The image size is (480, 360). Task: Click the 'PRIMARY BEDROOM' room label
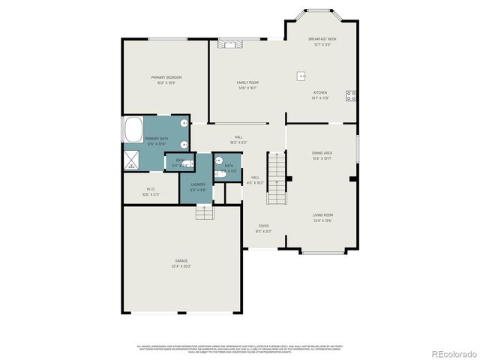coord(166,77)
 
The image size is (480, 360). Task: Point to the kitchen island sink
coord(301,75)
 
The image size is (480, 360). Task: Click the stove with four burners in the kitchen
coord(349,94)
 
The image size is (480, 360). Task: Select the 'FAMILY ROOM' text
coord(247,82)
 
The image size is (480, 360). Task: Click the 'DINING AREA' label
coord(322,153)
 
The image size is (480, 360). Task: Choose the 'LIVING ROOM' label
coord(322,214)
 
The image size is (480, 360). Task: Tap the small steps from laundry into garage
coord(204,213)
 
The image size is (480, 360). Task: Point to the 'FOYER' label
coord(263,225)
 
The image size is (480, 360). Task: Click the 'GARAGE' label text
coord(181,260)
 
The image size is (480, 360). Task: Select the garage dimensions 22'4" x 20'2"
coord(181,266)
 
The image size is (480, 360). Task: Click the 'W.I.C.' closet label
coord(150,188)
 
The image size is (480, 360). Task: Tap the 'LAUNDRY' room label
coord(197,184)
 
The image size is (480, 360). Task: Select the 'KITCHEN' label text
coord(319,92)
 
